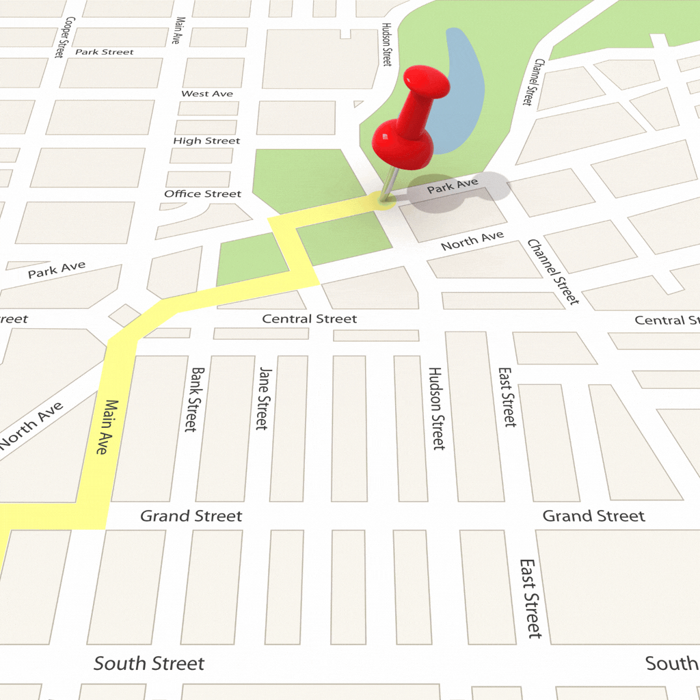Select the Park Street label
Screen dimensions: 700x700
pyautogui.click(x=105, y=52)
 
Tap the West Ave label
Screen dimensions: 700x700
pyautogui.click(x=207, y=94)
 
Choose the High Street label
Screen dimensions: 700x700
pyautogui.click(x=206, y=141)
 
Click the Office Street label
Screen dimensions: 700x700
pyautogui.click(x=202, y=194)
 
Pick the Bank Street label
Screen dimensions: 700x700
pyautogui.click(x=195, y=399)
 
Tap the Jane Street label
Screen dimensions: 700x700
pyautogui.click(x=263, y=398)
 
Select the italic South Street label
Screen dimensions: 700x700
pyautogui.click(x=149, y=663)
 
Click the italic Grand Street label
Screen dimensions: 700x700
pyautogui.click(x=191, y=516)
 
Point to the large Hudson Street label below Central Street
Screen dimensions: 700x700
pyautogui.click(x=436, y=408)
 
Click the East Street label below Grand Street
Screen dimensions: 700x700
pyautogui.click(x=530, y=598)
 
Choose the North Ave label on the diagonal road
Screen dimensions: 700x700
pyautogui.click(x=32, y=425)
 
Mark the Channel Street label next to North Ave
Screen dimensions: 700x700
pyautogui.click(x=552, y=272)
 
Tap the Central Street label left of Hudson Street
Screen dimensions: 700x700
pyautogui.click(x=310, y=319)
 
